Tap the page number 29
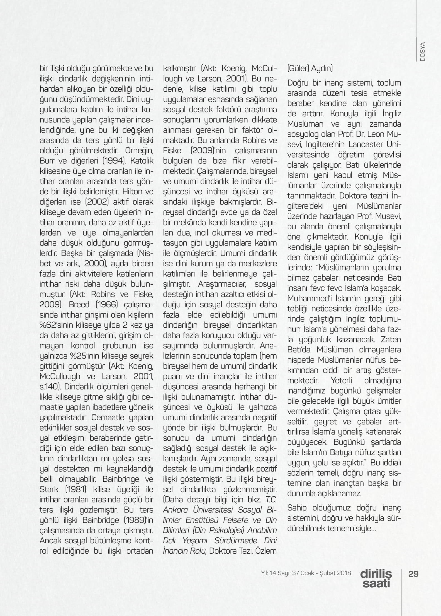click(x=413, y=574)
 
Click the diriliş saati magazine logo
click(x=376, y=578)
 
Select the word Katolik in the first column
click(x=142, y=161)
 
